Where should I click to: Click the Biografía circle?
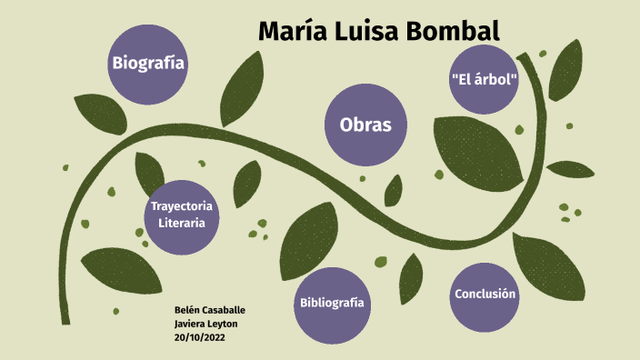[148, 63]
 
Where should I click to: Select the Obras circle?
[365, 125]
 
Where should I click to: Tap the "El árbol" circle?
[484, 79]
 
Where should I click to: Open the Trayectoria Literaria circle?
[182, 214]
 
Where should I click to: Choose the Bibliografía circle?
[332, 304]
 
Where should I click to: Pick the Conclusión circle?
[485, 294]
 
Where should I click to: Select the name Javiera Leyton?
[205, 324]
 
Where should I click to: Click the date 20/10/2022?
[199, 336]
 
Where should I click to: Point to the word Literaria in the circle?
[182, 223]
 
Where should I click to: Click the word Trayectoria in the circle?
[182, 205]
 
